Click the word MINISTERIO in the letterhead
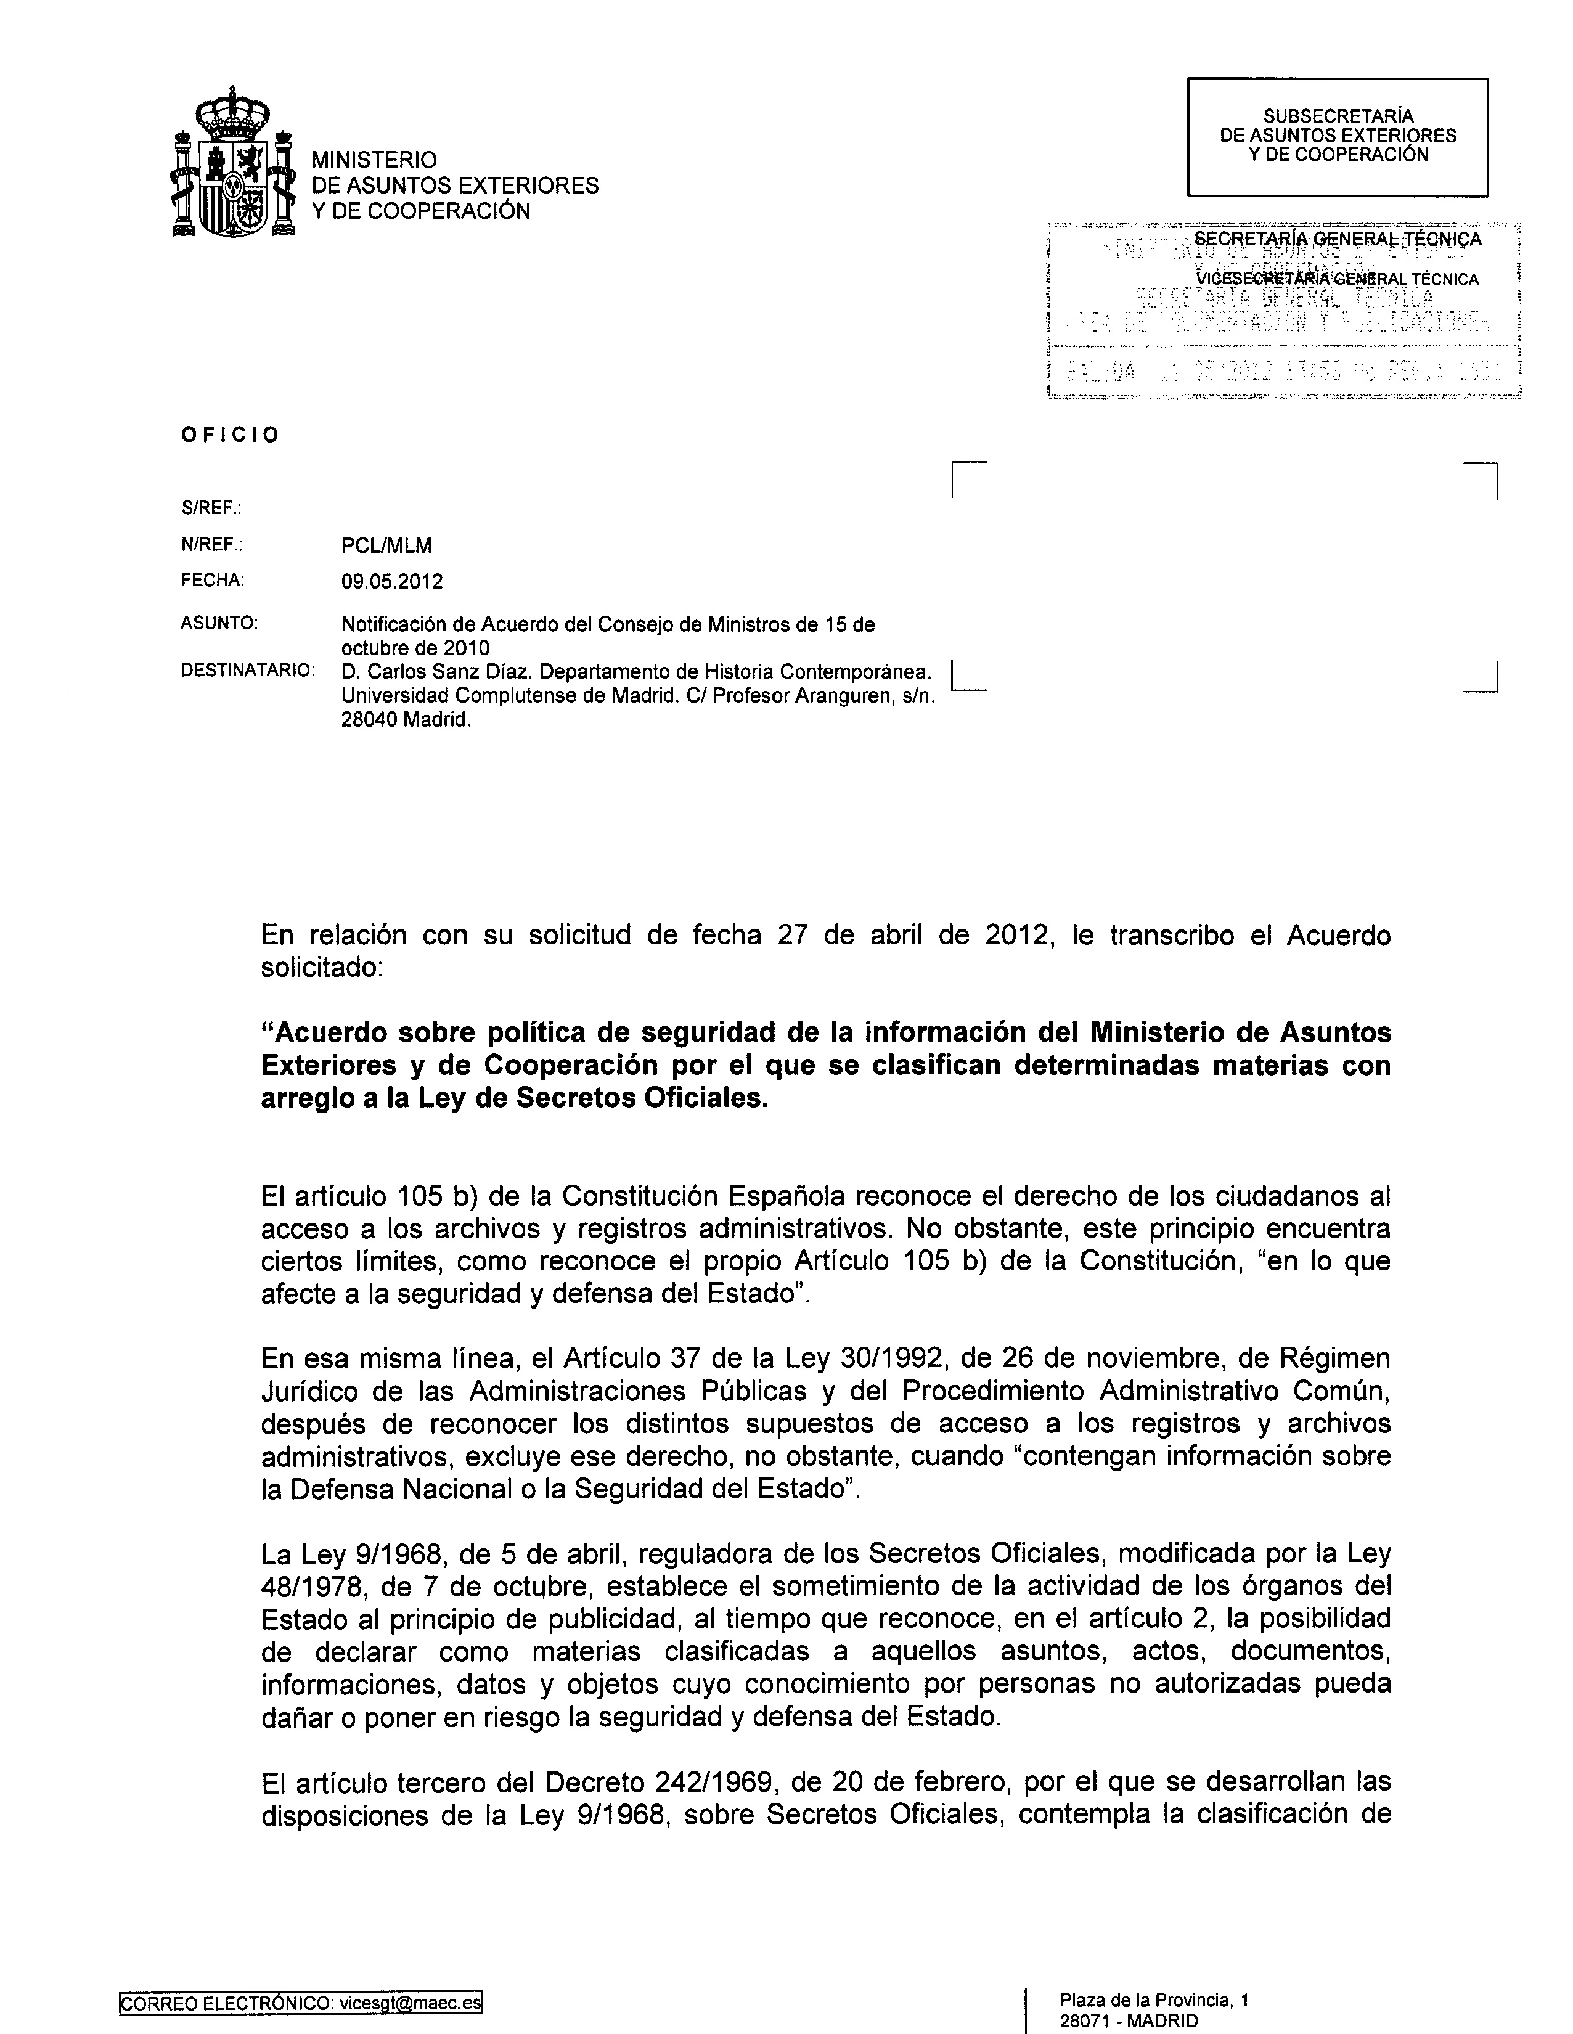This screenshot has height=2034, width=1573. (x=374, y=160)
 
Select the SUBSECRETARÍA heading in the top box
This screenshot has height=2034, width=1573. (x=1338, y=116)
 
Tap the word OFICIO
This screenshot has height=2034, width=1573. (x=230, y=435)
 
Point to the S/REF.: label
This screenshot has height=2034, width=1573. (x=211, y=508)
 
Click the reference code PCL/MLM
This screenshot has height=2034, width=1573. (x=386, y=545)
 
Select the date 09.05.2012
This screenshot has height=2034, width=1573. (x=392, y=582)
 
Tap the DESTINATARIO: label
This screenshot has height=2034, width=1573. (x=247, y=671)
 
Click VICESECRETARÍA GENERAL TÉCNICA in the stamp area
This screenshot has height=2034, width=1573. (x=1338, y=279)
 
